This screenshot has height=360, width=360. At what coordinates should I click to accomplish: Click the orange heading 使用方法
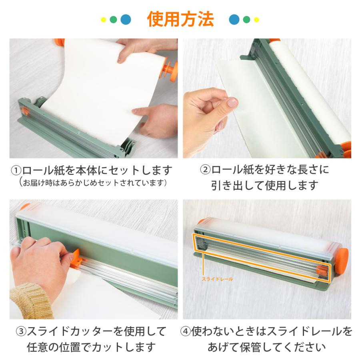(180, 18)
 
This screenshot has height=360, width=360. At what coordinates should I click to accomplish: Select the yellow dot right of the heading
(256, 19)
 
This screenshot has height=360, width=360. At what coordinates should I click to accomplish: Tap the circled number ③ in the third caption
(21, 331)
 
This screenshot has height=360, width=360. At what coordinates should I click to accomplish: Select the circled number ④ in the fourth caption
(187, 331)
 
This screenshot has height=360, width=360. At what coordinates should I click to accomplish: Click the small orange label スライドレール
(218, 279)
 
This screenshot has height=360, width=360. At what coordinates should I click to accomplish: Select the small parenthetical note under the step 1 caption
(92, 183)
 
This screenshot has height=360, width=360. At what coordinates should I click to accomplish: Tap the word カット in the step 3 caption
(108, 346)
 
